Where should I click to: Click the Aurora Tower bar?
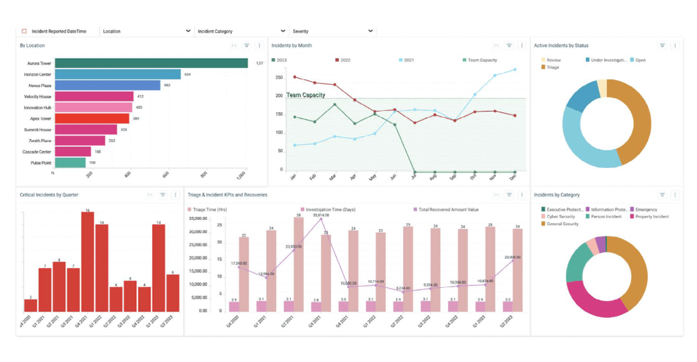coord(151,63)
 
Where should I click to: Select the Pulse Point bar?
coord(70,163)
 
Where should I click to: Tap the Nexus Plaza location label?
coord(39,86)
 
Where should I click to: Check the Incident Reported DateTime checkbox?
coord(24,31)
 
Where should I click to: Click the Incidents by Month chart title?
coord(291,46)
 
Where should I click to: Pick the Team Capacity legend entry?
coord(482,60)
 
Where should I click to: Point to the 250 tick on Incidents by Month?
coord(279,78)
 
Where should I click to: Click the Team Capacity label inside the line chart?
coord(305,95)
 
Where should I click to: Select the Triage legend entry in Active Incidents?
coord(552,67)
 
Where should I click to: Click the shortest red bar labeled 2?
coord(30,305)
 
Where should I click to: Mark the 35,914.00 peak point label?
coord(321,216)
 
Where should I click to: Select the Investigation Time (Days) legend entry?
coord(329,209)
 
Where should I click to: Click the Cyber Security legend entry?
coord(561,217)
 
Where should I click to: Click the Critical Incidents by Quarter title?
coord(49,195)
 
